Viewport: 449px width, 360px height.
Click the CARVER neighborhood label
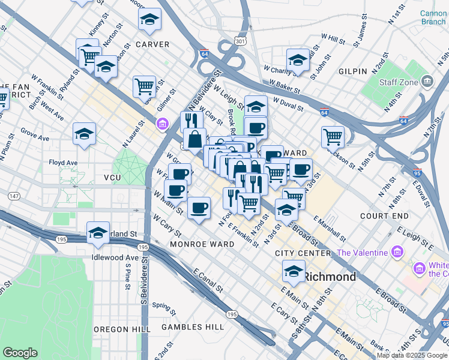tap(152, 44)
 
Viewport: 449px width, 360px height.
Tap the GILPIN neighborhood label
tap(352, 71)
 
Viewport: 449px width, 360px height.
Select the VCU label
tap(112, 178)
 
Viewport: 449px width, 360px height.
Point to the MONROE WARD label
tap(202, 244)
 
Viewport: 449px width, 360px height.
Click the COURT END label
tap(385, 215)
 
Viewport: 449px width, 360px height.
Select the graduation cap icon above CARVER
tap(149, 20)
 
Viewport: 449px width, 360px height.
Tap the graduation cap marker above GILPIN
tap(297, 60)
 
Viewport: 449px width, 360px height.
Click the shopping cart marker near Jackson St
tap(332, 136)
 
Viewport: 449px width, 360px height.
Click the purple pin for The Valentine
tap(396, 251)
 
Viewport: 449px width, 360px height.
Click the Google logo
tap(20, 352)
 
